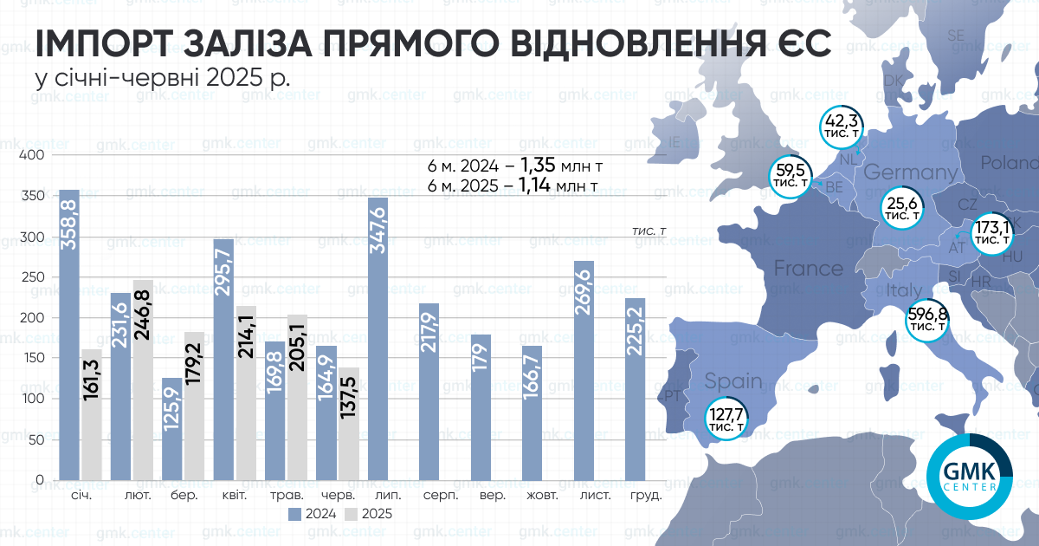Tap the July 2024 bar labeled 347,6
[378, 339]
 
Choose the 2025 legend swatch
[351, 514]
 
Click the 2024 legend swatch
[294, 514]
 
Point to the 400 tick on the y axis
[33, 155]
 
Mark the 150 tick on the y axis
[33, 359]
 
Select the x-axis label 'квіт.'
[234, 497]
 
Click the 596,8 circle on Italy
[926, 320]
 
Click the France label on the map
[808, 268]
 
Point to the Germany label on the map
[909, 172]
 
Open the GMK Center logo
[968, 478]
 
